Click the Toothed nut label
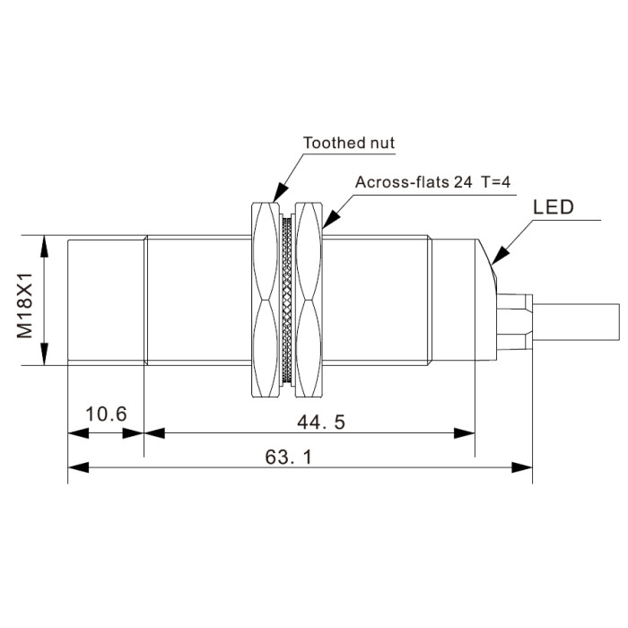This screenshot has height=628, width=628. coord(348,143)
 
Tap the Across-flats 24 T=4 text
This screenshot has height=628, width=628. coord(432,182)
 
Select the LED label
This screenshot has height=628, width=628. coord(554,207)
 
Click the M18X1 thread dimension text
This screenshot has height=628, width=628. coord(24,306)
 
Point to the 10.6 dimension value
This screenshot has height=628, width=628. coord(106,414)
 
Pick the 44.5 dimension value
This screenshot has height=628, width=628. coord(321,423)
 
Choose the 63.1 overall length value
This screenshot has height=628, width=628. coord(288,457)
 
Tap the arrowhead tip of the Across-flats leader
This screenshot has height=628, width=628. coord(323,228)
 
